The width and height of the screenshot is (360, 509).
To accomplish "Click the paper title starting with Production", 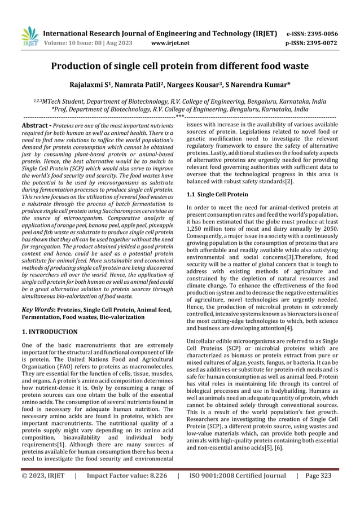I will pos(179,66).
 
